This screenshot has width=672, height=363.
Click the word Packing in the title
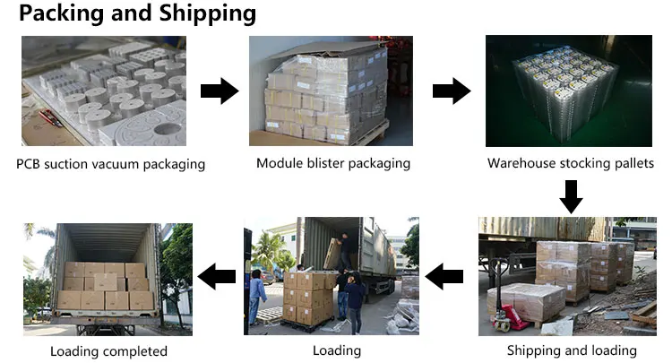tap(61, 13)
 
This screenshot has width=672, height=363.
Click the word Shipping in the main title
tap(208, 13)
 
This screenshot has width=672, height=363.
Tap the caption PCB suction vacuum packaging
tap(110, 164)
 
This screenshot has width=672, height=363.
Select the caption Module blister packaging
tap(333, 163)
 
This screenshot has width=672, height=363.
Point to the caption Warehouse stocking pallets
tap(571, 163)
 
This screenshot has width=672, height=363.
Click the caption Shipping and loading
tap(572, 350)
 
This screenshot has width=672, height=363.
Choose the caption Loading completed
tap(108, 351)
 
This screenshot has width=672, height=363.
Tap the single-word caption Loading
tap(337, 350)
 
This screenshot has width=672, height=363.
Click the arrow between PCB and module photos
tap(220, 91)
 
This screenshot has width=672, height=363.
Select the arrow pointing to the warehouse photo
tap(452, 91)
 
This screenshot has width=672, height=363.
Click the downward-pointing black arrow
tap(571, 196)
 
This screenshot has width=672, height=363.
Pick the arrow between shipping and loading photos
tap(444, 276)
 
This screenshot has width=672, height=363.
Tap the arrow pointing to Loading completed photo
tap(217, 276)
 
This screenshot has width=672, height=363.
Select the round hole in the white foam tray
tap(167, 129)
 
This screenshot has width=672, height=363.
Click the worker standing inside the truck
tap(345, 251)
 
